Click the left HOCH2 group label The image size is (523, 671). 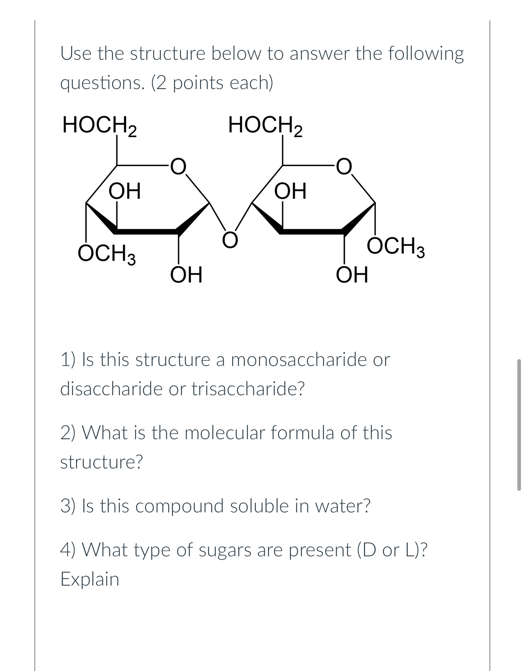pyautogui.click(x=99, y=125)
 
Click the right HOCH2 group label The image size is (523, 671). pyautogui.click(x=265, y=125)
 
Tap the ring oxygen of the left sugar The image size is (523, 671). pyautogui.click(x=178, y=166)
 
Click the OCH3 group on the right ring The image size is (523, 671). pyautogui.click(x=396, y=247)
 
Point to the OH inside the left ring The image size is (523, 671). pyautogui.click(x=125, y=191)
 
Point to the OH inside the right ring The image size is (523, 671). pyautogui.click(x=290, y=191)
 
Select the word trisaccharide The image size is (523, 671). pyautogui.click(x=248, y=389)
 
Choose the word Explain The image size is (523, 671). pyautogui.click(x=90, y=579)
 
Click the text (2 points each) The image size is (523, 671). pyautogui.click(x=212, y=83)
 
